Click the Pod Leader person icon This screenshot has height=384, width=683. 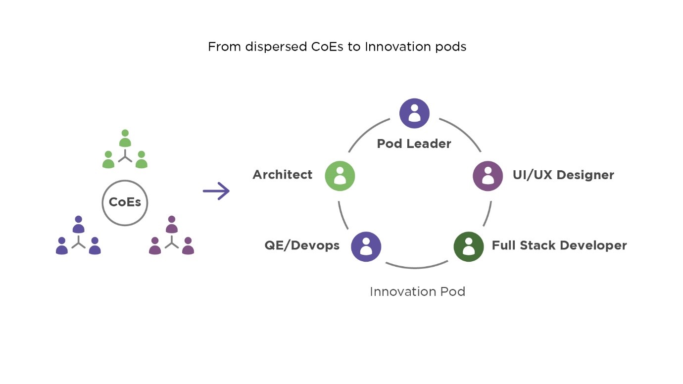tap(414, 113)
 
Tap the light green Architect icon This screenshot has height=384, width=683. tap(340, 176)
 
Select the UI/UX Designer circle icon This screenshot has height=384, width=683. tap(488, 176)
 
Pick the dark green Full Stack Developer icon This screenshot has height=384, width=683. tap(469, 246)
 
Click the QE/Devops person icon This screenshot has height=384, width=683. tap(366, 246)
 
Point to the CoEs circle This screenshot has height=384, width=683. tap(125, 202)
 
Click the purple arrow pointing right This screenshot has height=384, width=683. tap(216, 191)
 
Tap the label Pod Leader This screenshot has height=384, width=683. tap(414, 144)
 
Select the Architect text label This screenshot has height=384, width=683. tap(283, 175)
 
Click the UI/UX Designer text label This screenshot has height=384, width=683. tap(563, 175)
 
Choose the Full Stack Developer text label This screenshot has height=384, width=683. tap(559, 245)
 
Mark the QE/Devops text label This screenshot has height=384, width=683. tap(302, 245)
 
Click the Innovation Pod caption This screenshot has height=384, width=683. tap(417, 291)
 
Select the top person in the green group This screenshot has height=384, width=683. tap(125, 139)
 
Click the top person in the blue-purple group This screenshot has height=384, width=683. tap(78, 225)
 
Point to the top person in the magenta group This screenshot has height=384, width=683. tap(171, 225)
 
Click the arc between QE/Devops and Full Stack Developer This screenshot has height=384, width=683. tap(415, 268)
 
